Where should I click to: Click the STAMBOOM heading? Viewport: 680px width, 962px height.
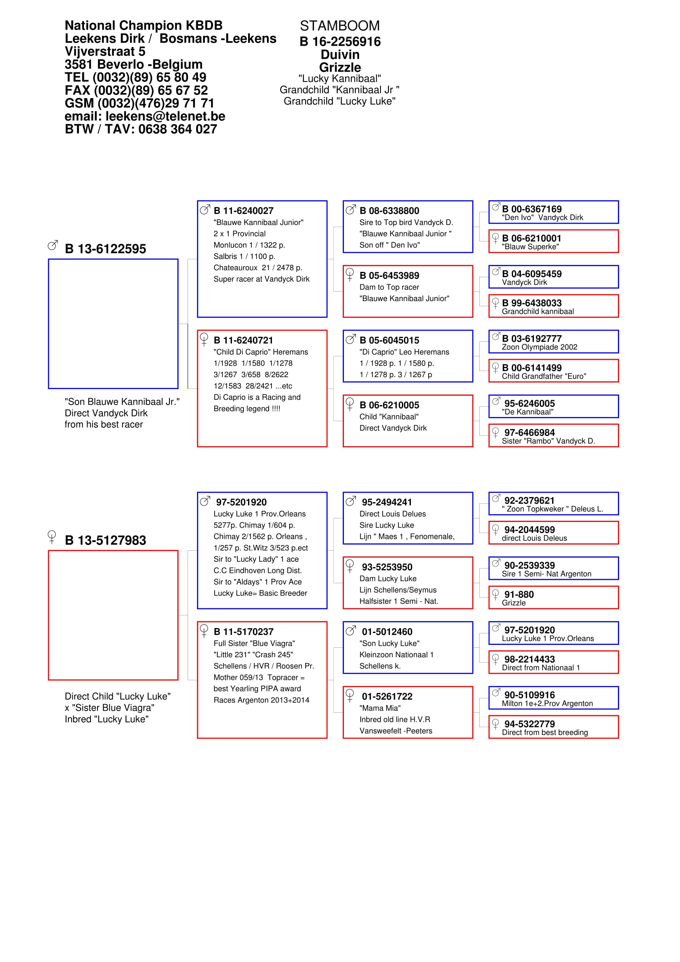339,26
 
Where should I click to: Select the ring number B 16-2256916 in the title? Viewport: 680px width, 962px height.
340,42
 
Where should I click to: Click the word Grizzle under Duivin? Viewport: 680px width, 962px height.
340,67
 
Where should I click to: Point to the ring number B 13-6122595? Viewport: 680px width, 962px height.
105,249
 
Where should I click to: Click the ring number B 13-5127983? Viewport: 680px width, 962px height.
105,540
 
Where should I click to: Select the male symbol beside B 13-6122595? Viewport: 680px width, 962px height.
53,245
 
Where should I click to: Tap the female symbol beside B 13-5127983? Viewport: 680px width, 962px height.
52,536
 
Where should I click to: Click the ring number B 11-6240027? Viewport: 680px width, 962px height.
244,211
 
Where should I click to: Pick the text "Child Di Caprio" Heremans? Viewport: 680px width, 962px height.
260,352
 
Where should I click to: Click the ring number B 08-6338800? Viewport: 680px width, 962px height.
389,211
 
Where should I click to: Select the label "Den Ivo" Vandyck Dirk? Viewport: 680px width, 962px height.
542,218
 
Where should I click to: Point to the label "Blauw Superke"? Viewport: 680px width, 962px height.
530,247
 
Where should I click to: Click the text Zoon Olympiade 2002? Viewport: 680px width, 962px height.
539,347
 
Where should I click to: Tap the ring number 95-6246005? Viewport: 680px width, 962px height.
529,403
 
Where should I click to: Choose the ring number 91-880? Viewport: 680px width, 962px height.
519,595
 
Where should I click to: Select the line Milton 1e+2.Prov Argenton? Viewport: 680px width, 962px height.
547,703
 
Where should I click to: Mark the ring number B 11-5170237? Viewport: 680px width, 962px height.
244,632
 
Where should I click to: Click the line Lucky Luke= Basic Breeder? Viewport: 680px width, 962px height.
260,593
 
